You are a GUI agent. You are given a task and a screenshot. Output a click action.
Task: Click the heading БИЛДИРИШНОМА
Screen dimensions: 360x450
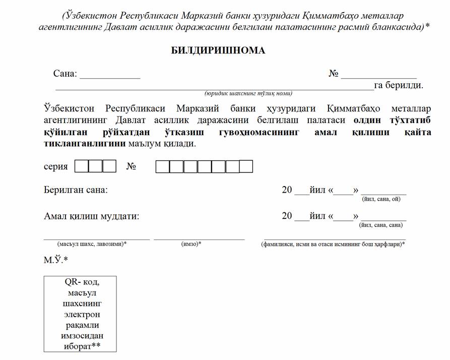tap(218, 51)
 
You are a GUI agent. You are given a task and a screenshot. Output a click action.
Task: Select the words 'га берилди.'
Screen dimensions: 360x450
tap(398, 85)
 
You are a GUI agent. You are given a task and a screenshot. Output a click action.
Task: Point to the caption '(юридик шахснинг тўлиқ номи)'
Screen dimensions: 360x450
tap(248, 93)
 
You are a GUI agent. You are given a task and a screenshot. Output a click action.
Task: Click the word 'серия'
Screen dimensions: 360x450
tap(56, 166)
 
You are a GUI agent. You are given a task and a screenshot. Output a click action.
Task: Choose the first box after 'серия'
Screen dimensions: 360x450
tap(81, 166)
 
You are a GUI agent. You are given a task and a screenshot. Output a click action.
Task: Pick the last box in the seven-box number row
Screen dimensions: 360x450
tap(246, 166)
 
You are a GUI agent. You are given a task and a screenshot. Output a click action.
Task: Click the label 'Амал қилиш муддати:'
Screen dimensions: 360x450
tap(91, 216)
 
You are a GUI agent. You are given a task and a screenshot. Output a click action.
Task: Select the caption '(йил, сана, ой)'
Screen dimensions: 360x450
tap(381, 199)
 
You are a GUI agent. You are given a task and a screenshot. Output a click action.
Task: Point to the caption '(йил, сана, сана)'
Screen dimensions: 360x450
tap(380, 225)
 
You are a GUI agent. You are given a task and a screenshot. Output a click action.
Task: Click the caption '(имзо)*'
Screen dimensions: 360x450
tap(191, 244)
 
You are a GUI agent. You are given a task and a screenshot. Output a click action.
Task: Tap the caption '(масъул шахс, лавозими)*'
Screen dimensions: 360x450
tap(92, 244)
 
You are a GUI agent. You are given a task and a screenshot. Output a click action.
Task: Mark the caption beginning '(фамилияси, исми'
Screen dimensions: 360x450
tap(333, 244)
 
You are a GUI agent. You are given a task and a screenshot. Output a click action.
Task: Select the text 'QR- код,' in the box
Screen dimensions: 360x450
tap(80, 282)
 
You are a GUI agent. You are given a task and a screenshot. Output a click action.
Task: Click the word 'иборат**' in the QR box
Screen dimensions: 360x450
tap(80, 346)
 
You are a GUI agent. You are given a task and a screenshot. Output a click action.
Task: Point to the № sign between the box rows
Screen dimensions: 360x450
tap(131, 166)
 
